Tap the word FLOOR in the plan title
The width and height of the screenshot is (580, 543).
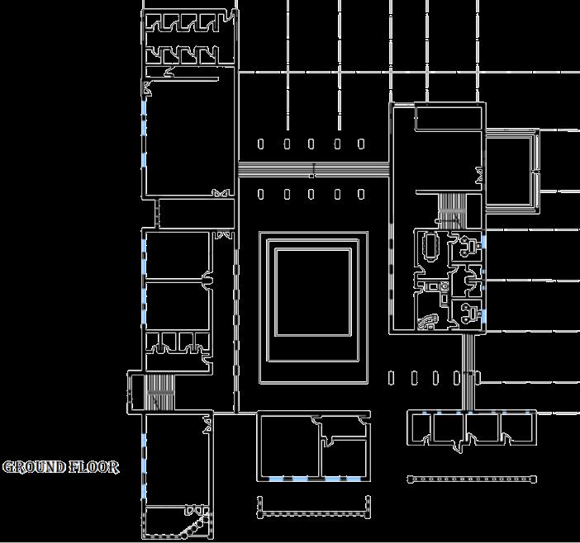[94, 467]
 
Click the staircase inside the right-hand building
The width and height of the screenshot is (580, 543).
[453, 208]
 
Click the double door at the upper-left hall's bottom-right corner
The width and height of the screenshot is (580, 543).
[221, 194]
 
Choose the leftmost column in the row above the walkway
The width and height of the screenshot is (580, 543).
[261, 144]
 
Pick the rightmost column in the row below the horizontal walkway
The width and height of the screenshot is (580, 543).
[361, 195]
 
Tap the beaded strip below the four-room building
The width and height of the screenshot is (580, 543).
[473, 479]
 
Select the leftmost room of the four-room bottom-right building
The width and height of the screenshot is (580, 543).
[421, 427]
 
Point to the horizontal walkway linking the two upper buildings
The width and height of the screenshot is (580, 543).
[312, 170]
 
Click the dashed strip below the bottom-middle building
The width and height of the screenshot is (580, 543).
[311, 507]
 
